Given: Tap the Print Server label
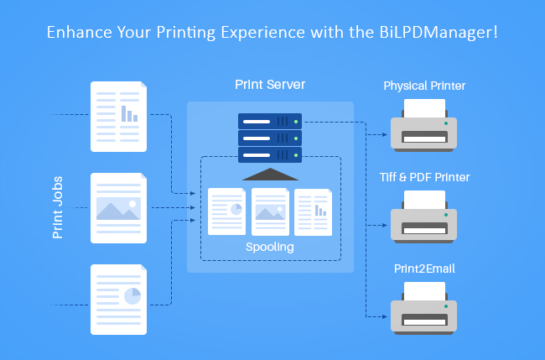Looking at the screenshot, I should coord(270,86).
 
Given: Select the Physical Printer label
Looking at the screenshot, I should coord(424,86).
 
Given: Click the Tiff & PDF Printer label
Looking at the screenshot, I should coord(424,177).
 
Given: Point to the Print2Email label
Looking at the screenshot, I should coord(424,268).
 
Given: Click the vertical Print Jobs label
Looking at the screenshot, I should coord(58,207).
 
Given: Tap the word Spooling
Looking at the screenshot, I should coord(270,248).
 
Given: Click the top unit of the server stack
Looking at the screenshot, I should coord(270,121).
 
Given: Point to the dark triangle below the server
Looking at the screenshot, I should coord(270,174).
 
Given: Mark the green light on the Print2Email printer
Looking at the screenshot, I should coord(446,305).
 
